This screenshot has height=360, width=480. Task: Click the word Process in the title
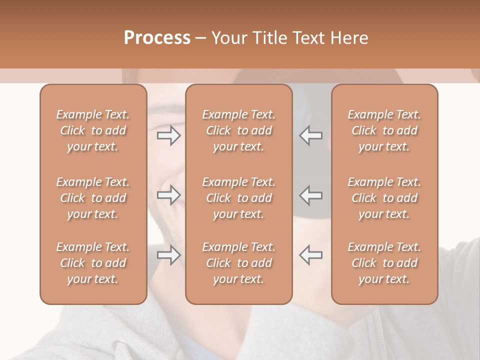pos(157,38)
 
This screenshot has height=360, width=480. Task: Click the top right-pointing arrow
pos(168,135)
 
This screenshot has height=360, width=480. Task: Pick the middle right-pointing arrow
pos(168,195)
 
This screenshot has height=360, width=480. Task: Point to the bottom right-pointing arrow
pos(168,255)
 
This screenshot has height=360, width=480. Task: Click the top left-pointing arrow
pos(311,135)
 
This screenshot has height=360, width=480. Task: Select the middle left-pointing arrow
pos(311,195)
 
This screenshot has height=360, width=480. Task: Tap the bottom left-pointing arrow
pos(311,255)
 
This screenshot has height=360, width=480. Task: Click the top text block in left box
pos(93,130)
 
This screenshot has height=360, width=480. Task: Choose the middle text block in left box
pos(93,198)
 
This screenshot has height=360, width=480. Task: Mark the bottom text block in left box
pos(93,263)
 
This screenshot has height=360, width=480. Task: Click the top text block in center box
pos(239,130)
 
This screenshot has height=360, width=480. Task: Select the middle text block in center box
pos(239,198)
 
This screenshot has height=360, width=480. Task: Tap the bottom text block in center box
pos(239,263)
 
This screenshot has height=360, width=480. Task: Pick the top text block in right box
pos(384,130)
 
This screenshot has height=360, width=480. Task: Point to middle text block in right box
pos(384,198)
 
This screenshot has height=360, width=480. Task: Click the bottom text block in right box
pos(384,263)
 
